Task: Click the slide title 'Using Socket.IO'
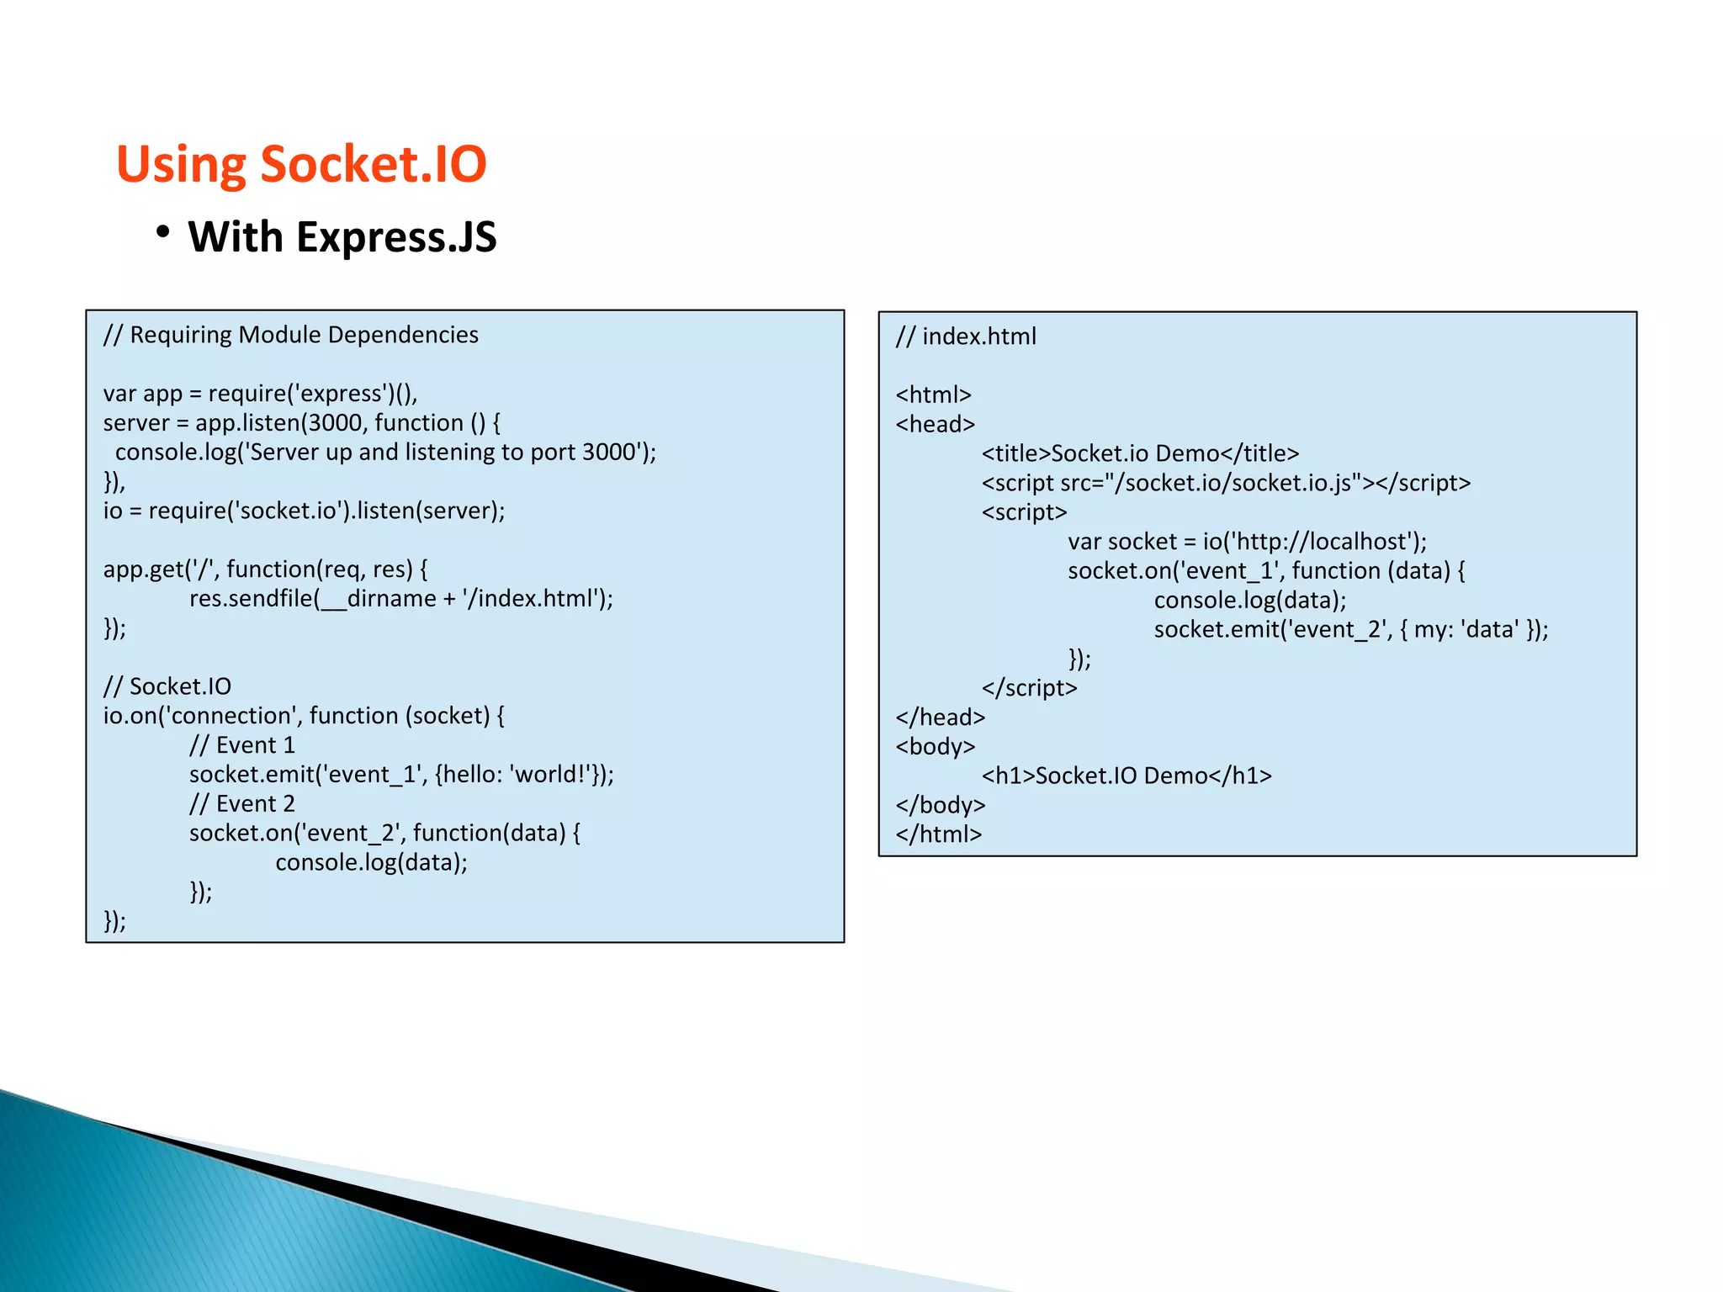[x=301, y=163]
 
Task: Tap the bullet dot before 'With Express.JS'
[x=163, y=232]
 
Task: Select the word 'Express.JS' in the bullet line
[x=395, y=237]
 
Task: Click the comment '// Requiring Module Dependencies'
[x=290, y=335]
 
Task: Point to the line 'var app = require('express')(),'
[x=260, y=394]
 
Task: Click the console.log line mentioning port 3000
[x=385, y=453]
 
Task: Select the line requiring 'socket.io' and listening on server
[x=304, y=511]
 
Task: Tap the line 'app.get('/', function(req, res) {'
[x=265, y=569]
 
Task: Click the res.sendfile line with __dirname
[x=400, y=599]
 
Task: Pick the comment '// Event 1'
[x=241, y=745]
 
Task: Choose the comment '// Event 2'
[x=241, y=804]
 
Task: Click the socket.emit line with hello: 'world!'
[x=400, y=775]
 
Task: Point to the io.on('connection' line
[x=304, y=716]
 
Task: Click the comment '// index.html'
[x=966, y=336]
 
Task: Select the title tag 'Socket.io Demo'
[x=1140, y=454]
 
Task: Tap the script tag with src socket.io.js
[x=1226, y=483]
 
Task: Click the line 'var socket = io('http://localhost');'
[x=1247, y=542]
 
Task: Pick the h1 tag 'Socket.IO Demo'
[x=1127, y=776]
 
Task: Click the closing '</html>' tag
[x=939, y=834]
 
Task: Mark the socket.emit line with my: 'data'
[x=1350, y=629]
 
